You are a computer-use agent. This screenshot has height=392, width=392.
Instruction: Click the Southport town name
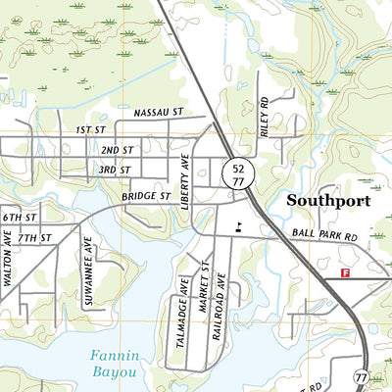(x=328, y=201)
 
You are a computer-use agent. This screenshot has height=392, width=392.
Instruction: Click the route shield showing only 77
(x=362, y=376)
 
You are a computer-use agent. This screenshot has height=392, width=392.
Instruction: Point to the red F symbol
(x=344, y=273)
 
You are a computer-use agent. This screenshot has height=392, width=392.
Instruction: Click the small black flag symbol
(x=238, y=225)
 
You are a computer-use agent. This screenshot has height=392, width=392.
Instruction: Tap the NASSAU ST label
(x=159, y=114)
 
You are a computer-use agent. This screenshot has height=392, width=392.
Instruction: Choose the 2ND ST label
(x=117, y=151)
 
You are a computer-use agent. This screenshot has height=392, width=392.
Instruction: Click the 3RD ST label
(x=114, y=171)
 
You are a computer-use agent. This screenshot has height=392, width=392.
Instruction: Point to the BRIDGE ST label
(x=146, y=197)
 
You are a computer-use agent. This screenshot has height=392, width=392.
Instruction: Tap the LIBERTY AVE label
(x=182, y=176)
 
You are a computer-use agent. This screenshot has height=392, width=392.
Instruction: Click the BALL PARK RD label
(x=324, y=237)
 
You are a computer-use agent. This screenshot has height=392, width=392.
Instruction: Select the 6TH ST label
(x=19, y=217)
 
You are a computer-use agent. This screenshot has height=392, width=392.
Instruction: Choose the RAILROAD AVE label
(x=221, y=308)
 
